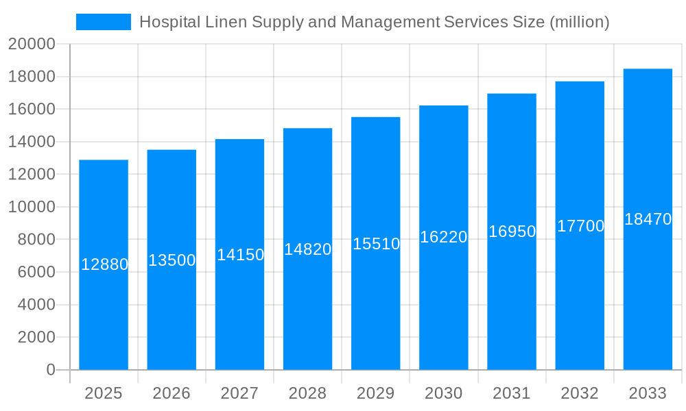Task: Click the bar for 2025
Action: point(104,308)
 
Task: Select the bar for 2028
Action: point(307,308)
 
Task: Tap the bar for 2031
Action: point(512,308)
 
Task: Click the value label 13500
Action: point(172,260)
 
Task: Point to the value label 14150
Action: point(240,255)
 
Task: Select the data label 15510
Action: point(376,244)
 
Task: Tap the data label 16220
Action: point(444,237)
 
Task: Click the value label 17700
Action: point(580,226)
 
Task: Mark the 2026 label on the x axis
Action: point(171,393)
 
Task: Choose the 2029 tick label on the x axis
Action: point(376,393)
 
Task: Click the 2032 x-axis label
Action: point(580,393)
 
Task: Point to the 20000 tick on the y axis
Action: point(32,45)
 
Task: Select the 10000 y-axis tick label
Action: point(32,207)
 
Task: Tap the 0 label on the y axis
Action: point(51,370)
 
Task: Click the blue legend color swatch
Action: point(104,22)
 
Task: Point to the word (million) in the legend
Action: point(580,22)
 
